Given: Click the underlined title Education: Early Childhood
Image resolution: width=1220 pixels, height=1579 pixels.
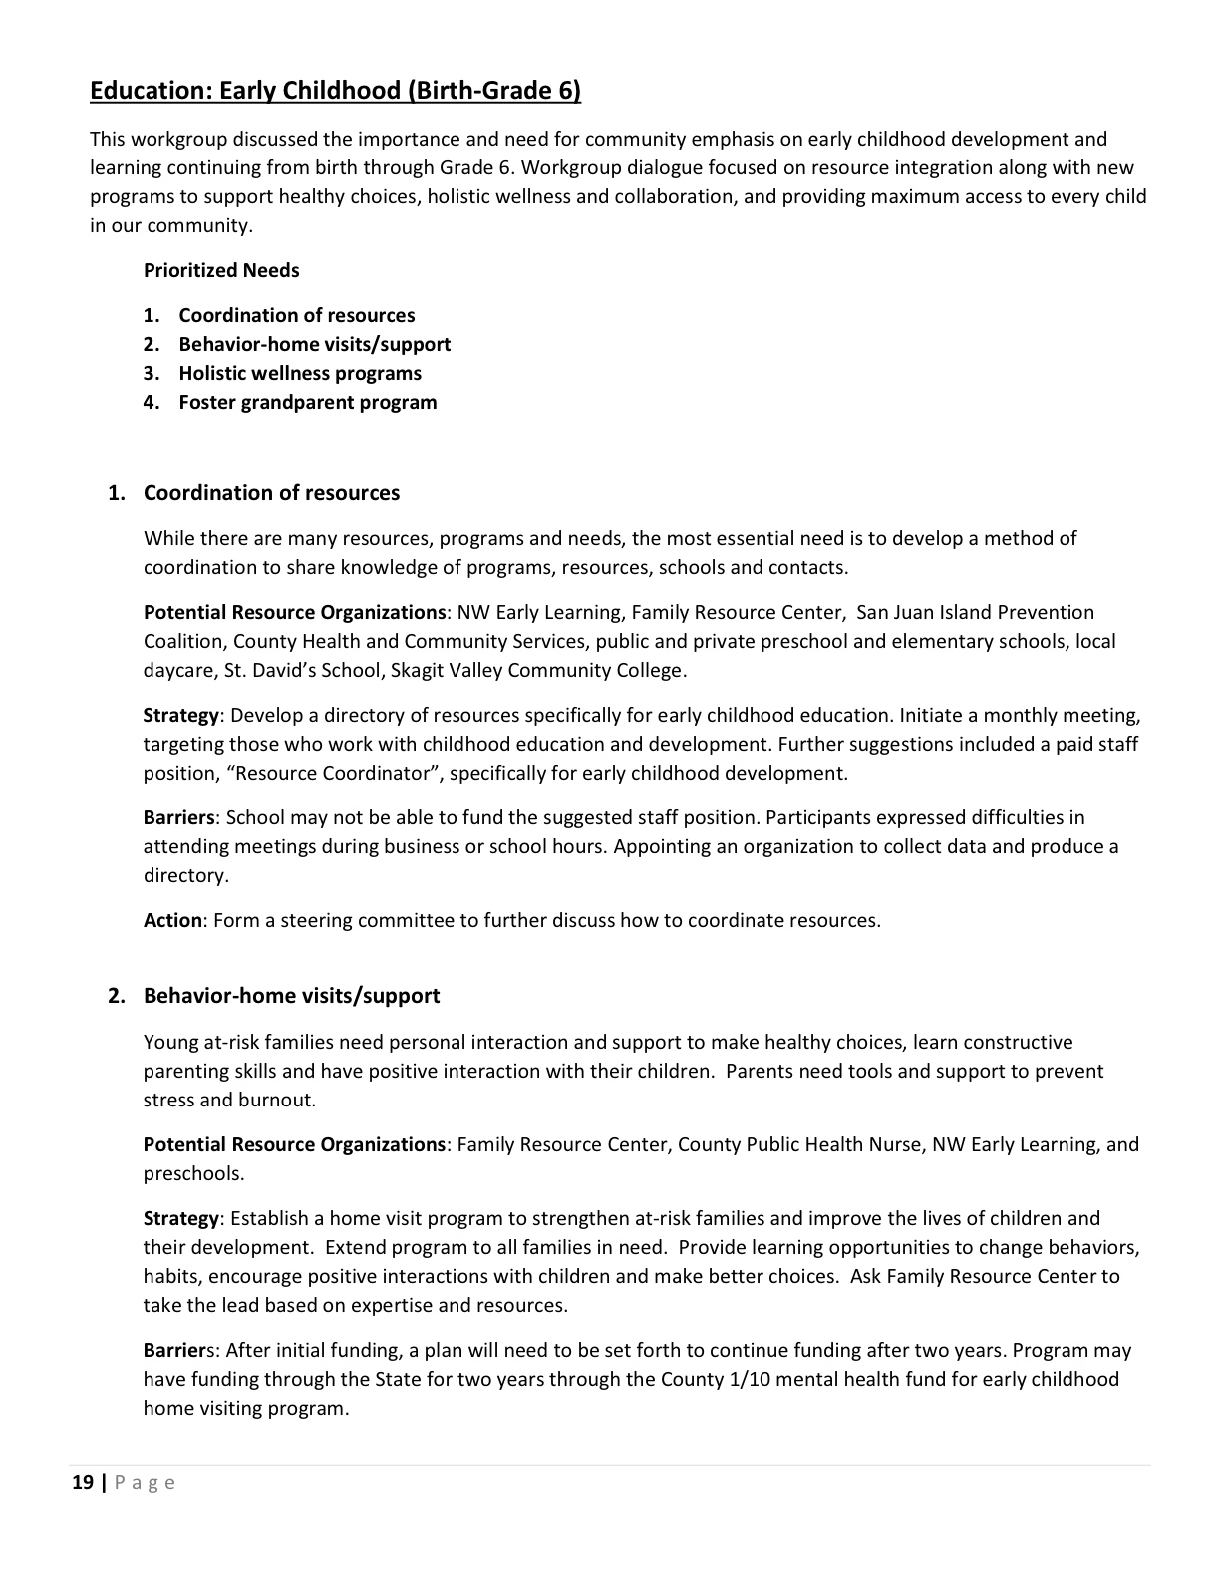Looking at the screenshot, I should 335,91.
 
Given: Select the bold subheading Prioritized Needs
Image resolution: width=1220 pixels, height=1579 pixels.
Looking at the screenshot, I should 221,270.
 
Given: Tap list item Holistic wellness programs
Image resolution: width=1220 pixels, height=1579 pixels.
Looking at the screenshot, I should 299,373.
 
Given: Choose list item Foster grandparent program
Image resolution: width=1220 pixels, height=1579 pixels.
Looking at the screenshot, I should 307,402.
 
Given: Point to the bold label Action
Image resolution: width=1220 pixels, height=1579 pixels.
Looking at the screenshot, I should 172,920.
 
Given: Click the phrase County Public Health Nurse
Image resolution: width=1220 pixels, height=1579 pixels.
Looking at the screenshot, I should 799,1144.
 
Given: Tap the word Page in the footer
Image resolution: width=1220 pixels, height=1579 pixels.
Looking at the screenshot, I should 146,1482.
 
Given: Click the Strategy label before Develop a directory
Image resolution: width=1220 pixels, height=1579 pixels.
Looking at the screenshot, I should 180,715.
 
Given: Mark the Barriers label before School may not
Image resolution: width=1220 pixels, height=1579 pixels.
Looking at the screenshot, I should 178,817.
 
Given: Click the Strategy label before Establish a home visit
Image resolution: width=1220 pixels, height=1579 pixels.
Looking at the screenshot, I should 180,1218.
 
